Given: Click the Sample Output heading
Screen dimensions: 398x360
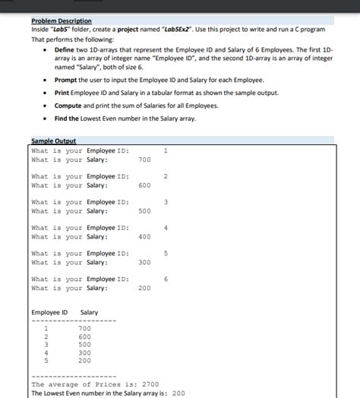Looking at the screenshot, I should pos(54,141).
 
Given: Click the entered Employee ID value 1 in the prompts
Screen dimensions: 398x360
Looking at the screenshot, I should pos(166,150).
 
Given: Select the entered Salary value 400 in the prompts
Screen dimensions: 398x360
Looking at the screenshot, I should pos(144,237).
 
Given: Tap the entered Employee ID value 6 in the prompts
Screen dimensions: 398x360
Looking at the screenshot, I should pos(166,280).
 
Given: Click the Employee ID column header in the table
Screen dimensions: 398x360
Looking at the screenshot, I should pos(49,313).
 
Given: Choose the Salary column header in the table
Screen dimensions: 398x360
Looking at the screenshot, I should pos(89,313).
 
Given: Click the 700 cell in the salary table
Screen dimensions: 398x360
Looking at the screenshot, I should pos(85,328).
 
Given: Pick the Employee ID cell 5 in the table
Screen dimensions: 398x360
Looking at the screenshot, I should pos(47,360).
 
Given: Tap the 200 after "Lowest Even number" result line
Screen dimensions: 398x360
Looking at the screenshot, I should pos(179,393).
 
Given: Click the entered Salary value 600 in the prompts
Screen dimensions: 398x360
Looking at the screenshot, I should pos(144,185).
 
